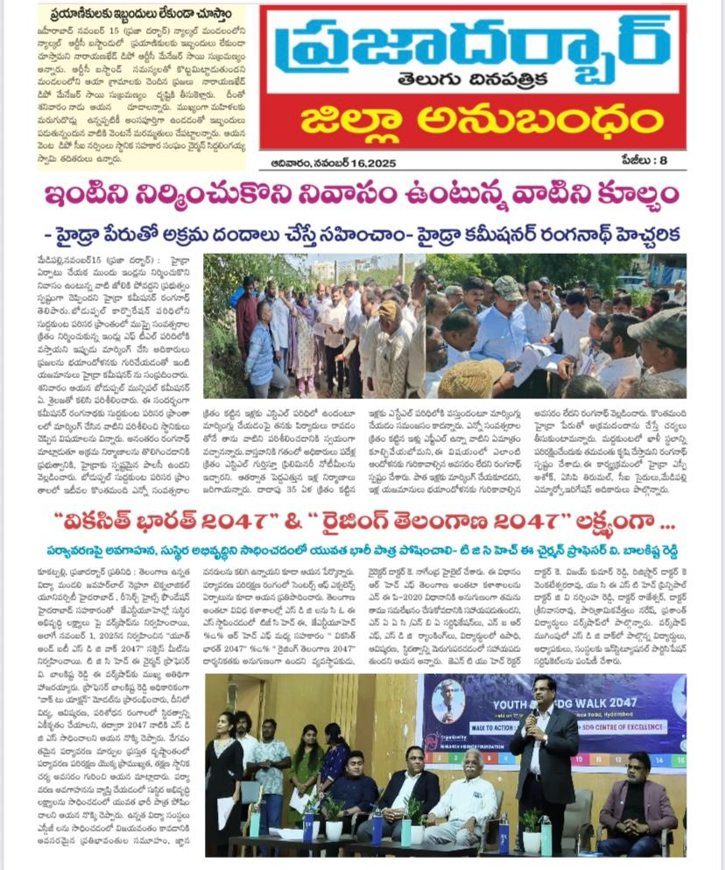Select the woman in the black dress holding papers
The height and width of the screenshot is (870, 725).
[223, 779]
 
